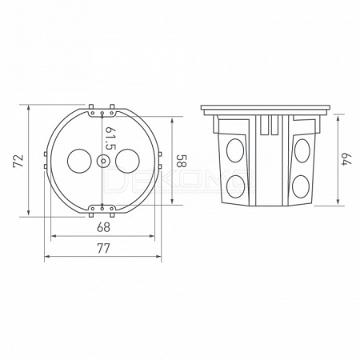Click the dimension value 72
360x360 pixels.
tap(18, 161)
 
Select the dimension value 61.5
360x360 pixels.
tap(110, 138)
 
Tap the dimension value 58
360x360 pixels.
tap(182, 161)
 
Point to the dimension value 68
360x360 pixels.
tap(103, 227)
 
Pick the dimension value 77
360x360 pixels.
tap(103, 248)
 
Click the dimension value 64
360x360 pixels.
tap(347, 159)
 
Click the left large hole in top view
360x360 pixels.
tap(79, 161)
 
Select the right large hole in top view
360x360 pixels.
tap(127, 161)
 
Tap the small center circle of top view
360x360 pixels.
tap(102, 161)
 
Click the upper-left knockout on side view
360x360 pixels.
tap(235, 150)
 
